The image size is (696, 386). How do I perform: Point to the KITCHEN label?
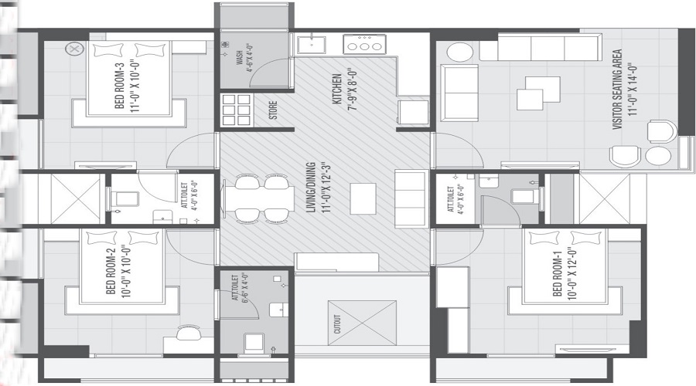point(337,89)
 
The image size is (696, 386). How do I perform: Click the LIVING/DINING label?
point(312,188)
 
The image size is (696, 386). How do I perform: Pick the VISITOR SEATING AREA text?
point(617,89)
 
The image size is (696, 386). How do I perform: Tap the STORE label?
point(273,110)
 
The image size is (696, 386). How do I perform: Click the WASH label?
point(240,58)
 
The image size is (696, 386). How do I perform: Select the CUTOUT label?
point(337,324)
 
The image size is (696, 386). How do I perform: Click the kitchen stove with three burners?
point(364,44)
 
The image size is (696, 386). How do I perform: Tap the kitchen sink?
point(311,45)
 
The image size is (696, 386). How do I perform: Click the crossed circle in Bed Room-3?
point(73,49)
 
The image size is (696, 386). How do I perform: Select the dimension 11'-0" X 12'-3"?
point(327,188)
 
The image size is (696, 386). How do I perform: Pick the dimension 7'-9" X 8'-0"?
point(353,89)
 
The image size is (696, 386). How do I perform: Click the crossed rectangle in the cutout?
point(362,323)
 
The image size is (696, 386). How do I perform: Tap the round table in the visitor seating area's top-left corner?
point(460,52)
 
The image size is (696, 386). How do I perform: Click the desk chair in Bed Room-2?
point(186,333)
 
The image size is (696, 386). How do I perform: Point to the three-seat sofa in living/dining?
point(411,198)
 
